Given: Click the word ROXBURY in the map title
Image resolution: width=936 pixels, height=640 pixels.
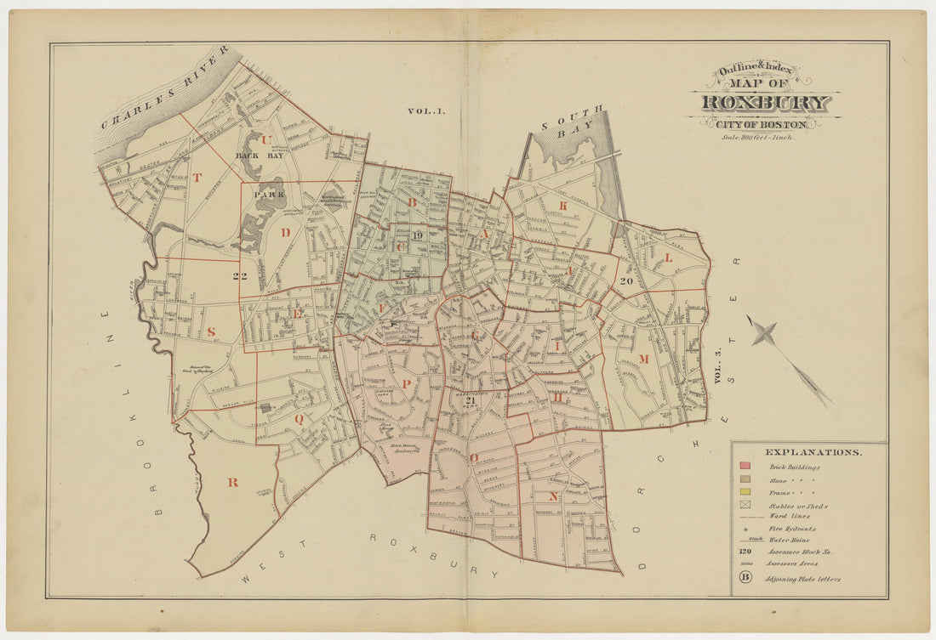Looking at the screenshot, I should click(x=765, y=104).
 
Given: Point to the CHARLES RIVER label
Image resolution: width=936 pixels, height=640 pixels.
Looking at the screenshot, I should click(x=165, y=88).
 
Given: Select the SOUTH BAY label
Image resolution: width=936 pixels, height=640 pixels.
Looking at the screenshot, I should click(x=575, y=122).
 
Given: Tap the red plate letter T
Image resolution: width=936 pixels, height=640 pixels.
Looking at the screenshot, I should click(x=197, y=178).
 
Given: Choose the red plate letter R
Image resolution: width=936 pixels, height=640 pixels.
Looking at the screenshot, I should click(x=231, y=482).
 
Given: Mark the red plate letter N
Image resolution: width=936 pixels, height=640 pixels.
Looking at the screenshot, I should click(x=553, y=496).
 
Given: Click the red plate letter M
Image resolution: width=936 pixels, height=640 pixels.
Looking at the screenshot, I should click(x=644, y=359).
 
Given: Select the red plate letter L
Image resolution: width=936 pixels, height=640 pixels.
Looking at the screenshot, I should click(x=668, y=257).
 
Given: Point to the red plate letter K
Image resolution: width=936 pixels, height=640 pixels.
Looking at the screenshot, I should click(x=562, y=205).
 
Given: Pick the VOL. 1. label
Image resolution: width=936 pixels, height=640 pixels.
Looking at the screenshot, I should click(x=420, y=110).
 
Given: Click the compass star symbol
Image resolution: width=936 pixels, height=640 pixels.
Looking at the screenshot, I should click(x=763, y=334).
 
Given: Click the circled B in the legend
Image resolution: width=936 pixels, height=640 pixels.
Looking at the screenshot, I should click(x=745, y=578).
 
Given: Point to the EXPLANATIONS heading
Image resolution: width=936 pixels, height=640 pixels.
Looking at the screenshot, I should click(x=813, y=452).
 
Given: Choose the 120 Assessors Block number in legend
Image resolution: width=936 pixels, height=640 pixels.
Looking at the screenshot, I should click(x=746, y=551).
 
